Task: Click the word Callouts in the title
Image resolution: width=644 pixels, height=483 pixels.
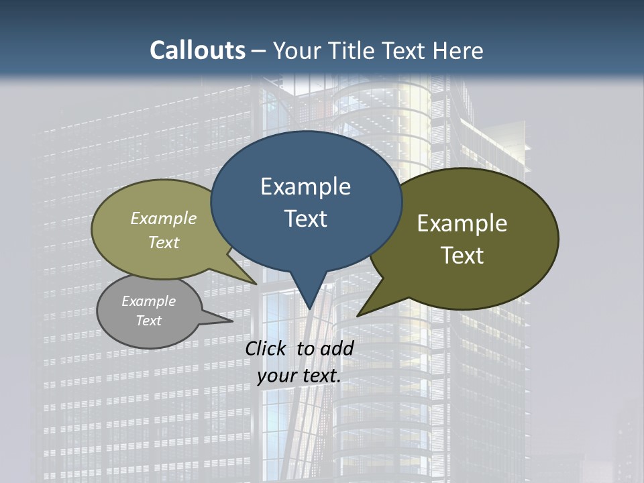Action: (x=197, y=51)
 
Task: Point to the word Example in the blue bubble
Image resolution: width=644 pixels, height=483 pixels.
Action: (x=305, y=186)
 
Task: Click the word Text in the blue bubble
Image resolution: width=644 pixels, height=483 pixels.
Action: (x=305, y=219)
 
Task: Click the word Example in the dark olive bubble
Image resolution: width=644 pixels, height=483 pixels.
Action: (x=462, y=223)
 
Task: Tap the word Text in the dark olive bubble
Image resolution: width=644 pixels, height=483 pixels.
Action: (x=462, y=256)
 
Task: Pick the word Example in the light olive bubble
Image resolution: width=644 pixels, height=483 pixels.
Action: (x=164, y=218)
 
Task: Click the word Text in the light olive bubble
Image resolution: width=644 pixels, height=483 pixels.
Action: (x=164, y=242)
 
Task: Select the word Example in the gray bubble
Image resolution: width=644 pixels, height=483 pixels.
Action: (x=148, y=301)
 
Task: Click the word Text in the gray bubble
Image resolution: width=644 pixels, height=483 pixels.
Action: (x=148, y=321)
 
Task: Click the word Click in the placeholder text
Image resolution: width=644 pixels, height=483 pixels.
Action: (x=267, y=349)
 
